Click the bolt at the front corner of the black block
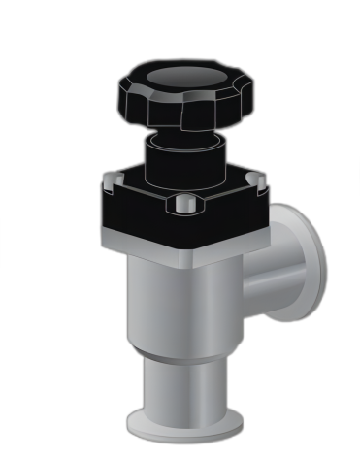click(x=183, y=204)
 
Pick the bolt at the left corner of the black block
click(x=115, y=178)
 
